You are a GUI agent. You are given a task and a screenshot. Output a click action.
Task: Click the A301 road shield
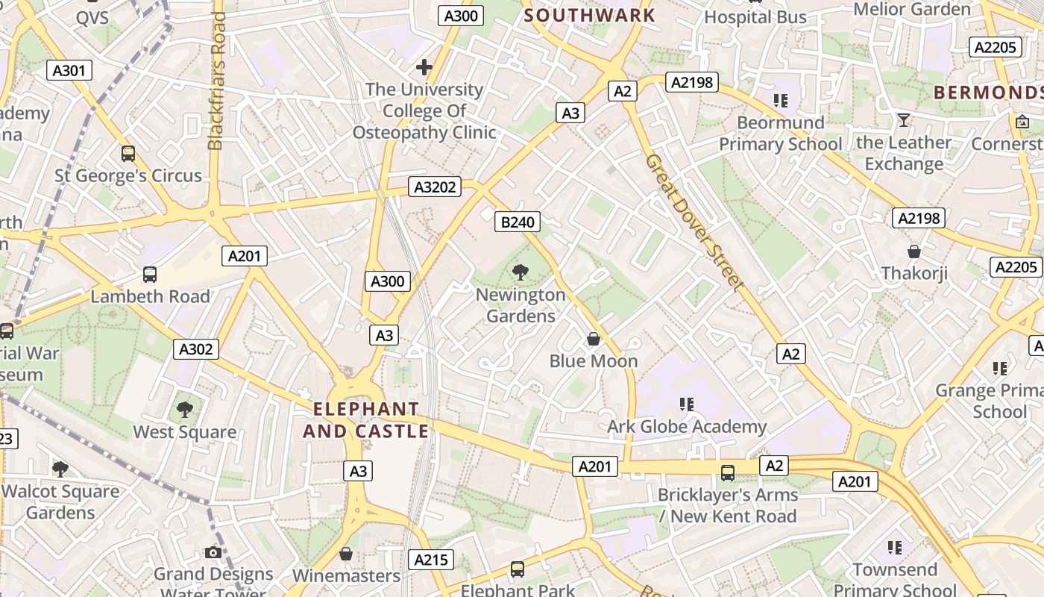(69, 71)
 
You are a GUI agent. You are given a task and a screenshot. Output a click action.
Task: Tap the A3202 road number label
(434, 187)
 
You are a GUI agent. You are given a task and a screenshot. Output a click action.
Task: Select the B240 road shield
(517, 222)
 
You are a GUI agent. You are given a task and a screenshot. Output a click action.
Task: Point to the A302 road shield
(197, 348)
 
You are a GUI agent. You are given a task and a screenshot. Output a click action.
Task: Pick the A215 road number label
(430, 560)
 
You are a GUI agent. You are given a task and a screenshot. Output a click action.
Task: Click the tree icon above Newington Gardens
(521, 272)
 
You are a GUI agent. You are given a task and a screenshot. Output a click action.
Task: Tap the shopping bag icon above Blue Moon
(594, 340)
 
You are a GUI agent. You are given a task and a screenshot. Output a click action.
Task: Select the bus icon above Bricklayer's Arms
(727, 472)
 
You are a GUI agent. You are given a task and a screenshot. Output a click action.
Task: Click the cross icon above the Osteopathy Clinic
(424, 68)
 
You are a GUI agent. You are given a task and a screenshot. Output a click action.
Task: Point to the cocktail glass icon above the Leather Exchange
(904, 120)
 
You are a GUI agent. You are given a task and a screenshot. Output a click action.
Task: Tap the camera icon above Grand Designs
(213, 552)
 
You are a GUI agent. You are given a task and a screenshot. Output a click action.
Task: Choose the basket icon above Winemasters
(346, 554)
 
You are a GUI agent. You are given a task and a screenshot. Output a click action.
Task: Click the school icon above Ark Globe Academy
(687, 404)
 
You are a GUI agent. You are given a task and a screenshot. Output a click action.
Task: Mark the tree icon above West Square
(185, 410)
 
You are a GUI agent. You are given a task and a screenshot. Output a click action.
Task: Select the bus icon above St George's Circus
(128, 154)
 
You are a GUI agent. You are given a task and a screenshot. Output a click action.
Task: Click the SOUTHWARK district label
(589, 15)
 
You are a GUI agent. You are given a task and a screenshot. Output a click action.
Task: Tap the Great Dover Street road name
(694, 222)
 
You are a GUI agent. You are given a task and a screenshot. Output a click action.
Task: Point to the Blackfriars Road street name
(217, 81)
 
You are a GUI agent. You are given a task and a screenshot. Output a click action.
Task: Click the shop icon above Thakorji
(914, 251)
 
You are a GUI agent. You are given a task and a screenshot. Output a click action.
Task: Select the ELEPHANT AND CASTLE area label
(365, 420)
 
